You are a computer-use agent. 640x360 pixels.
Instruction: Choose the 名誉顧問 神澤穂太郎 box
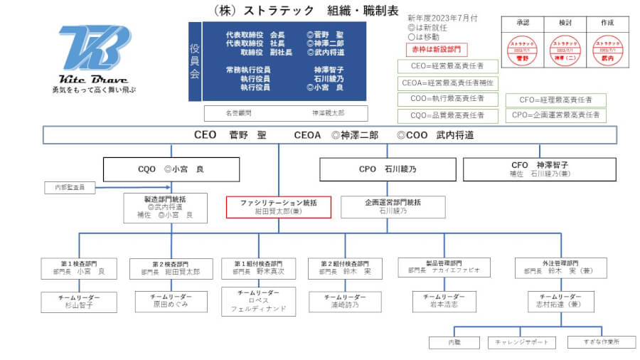click(x=286, y=113)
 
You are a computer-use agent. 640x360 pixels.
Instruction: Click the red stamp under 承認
click(x=523, y=51)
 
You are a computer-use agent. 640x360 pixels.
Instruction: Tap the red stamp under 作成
click(x=607, y=51)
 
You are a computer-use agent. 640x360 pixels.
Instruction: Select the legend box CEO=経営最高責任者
click(x=447, y=66)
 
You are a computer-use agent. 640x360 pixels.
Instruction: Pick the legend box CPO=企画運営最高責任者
click(x=556, y=115)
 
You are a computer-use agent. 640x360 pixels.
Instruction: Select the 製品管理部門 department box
click(x=444, y=267)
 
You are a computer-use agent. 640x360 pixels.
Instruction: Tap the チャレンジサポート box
click(x=522, y=342)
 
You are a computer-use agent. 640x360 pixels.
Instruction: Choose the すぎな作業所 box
click(x=602, y=342)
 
